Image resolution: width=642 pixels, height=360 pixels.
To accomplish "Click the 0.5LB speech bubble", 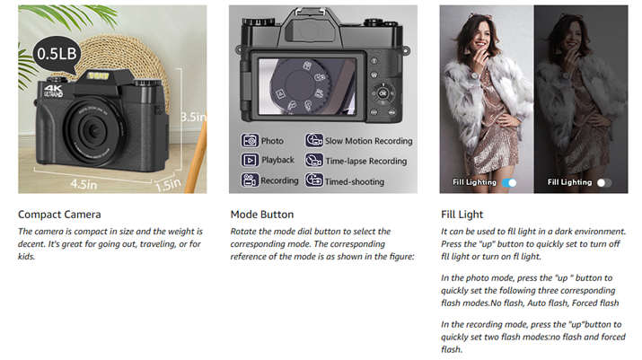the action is coord(57,55).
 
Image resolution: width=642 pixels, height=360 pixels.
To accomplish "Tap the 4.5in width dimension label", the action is coord(84,184).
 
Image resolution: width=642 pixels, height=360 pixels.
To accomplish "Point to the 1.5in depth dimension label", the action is coord(168,185).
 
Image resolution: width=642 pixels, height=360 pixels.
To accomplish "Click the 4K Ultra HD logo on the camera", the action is coord(53,91).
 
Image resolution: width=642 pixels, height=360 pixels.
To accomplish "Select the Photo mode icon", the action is coord(250,140).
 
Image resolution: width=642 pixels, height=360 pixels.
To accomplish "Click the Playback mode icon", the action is coord(250,160).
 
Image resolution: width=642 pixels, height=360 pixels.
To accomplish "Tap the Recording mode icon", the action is coord(250,180).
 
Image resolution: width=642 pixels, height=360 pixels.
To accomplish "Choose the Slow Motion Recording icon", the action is coord(314,140).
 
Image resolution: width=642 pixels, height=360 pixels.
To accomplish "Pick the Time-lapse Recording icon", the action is coord(314,160).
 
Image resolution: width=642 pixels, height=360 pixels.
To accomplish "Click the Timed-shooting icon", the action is coord(314,180).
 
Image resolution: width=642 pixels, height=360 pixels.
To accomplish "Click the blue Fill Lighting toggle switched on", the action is coord(510,182).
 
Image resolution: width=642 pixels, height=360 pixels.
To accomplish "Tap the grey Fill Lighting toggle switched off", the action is coord(604,182).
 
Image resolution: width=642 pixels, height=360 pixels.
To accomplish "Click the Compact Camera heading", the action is coord(59,215).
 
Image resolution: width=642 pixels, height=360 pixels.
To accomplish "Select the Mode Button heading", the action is coord(262,215).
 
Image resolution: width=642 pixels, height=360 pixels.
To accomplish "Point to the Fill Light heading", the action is coord(462,215).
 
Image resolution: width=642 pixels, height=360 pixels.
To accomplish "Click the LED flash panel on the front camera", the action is coord(99,75).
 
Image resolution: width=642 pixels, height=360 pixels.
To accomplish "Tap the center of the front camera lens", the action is coord(95,131).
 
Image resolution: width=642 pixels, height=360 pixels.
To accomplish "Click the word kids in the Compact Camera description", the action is coord(26,257).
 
